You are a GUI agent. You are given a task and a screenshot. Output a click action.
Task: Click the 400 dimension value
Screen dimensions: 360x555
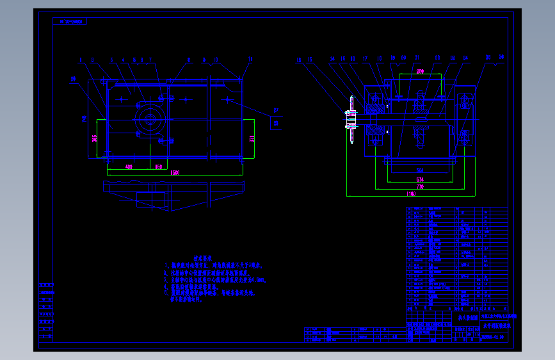[129, 167]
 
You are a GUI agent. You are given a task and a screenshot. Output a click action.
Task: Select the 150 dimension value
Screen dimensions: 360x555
[159, 167]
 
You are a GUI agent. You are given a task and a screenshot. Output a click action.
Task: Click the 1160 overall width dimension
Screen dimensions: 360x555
[411, 193]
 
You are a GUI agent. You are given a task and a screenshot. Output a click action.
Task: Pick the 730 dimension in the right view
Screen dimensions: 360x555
[421, 186]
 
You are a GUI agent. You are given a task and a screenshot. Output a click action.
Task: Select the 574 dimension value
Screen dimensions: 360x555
[421, 178]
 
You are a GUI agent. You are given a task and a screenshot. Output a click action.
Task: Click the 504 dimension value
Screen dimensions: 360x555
[421, 170]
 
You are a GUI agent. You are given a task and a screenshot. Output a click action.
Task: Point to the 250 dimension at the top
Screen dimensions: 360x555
[420, 70]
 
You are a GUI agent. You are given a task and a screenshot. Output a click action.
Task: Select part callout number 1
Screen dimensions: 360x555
[81, 60]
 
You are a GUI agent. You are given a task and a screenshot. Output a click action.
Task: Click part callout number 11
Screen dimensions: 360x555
[250, 60]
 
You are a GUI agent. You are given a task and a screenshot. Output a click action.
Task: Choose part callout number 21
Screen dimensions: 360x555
[416, 58]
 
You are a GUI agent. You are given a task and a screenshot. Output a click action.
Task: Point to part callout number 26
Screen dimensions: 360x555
[501, 58]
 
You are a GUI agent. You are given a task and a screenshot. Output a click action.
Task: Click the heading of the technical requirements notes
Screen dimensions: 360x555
[193, 254]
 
